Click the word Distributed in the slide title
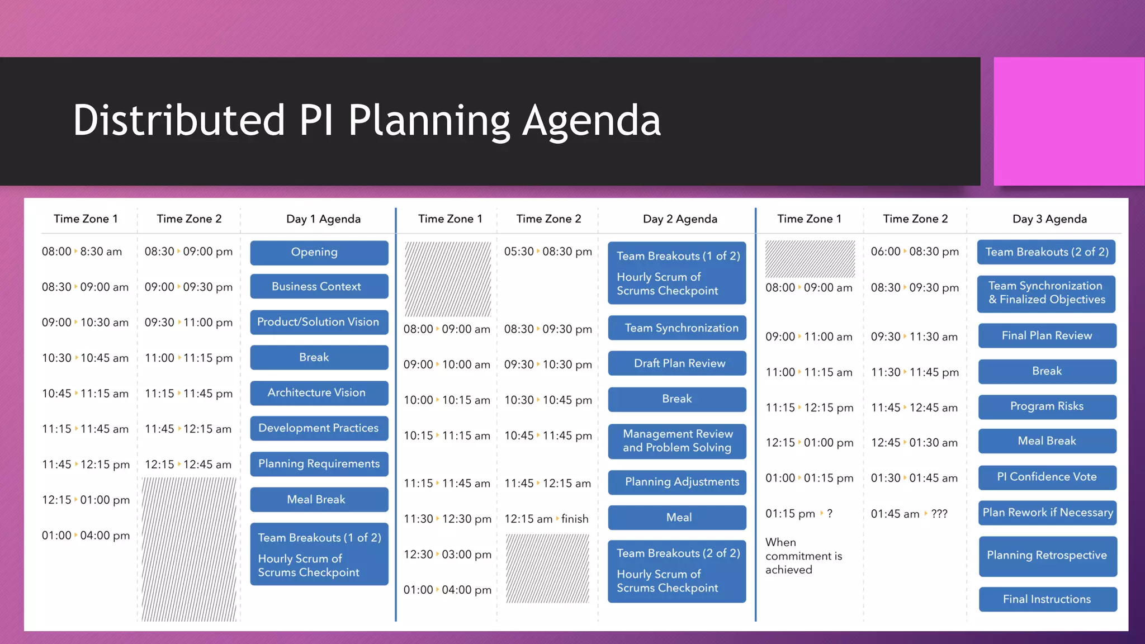(x=179, y=120)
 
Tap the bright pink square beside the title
(x=1068, y=121)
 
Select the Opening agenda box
(x=319, y=253)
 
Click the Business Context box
(x=319, y=287)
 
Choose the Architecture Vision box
(x=319, y=393)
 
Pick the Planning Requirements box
(x=319, y=464)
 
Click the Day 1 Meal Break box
(x=319, y=500)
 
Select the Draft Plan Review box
(x=676, y=363)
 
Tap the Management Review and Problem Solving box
(x=676, y=441)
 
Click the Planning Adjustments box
(x=678, y=482)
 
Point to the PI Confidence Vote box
(x=1047, y=477)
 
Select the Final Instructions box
(x=1047, y=599)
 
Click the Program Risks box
(x=1047, y=406)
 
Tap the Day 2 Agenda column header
(x=680, y=219)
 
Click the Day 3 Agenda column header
(x=1049, y=219)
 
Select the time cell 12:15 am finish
(x=546, y=519)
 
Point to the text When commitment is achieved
(x=803, y=556)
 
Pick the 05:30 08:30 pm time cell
(x=547, y=252)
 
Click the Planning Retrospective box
(x=1047, y=556)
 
